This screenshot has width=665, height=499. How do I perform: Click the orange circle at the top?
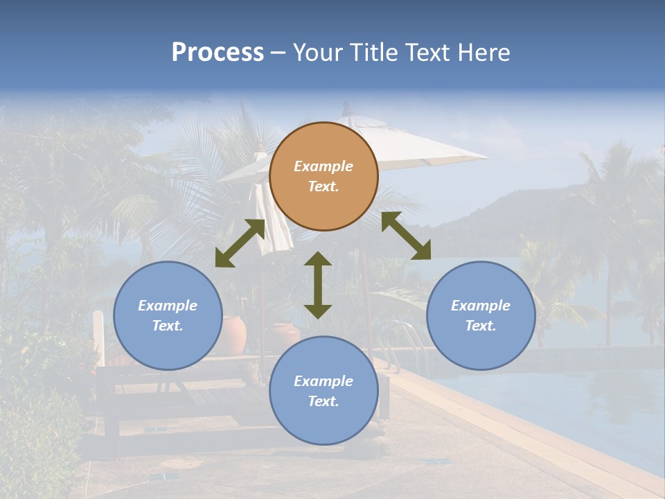pos(323,176)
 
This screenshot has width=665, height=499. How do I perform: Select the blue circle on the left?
pos(168,315)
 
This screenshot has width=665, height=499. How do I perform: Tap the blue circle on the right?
pos(481,315)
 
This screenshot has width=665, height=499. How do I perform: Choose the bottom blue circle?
pos(323,391)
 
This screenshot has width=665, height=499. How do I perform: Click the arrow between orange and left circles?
pos(240,243)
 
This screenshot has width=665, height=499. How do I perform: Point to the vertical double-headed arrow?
pos(318,285)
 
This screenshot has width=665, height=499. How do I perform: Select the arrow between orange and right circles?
pos(406,236)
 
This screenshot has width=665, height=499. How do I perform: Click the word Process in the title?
pos(218,52)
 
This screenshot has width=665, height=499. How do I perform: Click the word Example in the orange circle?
pos(323,166)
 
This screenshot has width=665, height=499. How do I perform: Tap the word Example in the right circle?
pos(481,306)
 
